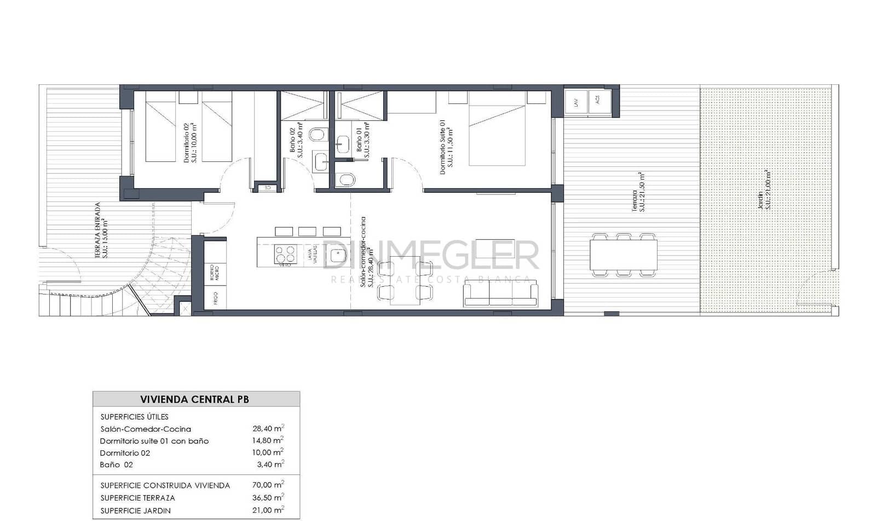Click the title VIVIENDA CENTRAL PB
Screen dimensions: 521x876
point(194,400)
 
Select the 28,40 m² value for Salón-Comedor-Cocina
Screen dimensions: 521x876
point(268,429)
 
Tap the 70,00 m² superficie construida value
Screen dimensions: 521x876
point(268,485)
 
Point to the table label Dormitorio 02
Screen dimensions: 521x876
point(125,453)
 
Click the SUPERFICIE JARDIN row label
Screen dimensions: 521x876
point(136,511)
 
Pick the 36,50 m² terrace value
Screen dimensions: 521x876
point(268,497)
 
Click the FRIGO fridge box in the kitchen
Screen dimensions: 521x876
point(215,298)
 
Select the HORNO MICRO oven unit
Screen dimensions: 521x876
point(215,273)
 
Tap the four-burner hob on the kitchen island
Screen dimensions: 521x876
point(285,254)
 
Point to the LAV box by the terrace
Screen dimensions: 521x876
point(575,102)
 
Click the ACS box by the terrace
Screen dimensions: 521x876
point(598,100)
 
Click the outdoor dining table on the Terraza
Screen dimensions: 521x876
point(624,255)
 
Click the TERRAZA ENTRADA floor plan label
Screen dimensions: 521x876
point(101,230)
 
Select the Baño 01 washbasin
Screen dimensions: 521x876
point(343,144)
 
